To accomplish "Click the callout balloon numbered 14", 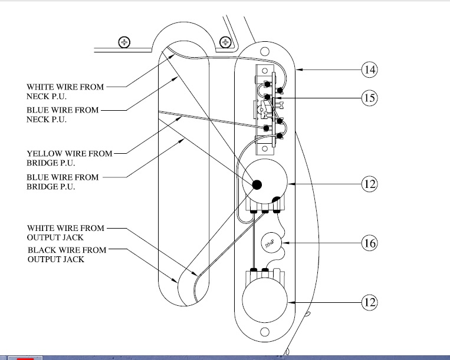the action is pos(369,70).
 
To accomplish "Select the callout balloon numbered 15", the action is pos(369,98).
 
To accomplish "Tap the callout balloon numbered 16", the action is pos(369,243).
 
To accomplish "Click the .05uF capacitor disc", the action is pos(271,243).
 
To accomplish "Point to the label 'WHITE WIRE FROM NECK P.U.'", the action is pos(65,91).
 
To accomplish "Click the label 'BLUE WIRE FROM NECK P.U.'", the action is pos(63,115).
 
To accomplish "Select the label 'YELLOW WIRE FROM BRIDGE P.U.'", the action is pos(70,158).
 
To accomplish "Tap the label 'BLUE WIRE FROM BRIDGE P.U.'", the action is pos(63,181).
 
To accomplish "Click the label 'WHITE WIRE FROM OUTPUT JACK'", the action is pos(65,233).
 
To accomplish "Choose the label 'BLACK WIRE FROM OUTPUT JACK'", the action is pos(67,255).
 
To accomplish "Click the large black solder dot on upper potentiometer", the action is pos(257,185).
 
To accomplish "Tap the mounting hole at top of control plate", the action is pos(265,52).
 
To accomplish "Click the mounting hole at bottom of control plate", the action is pos(265,332).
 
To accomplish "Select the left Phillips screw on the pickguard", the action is pos(124,42).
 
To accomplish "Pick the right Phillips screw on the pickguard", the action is pos(225,42).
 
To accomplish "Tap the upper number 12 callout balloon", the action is pos(369,184).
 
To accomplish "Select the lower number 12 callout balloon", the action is pos(369,303).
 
